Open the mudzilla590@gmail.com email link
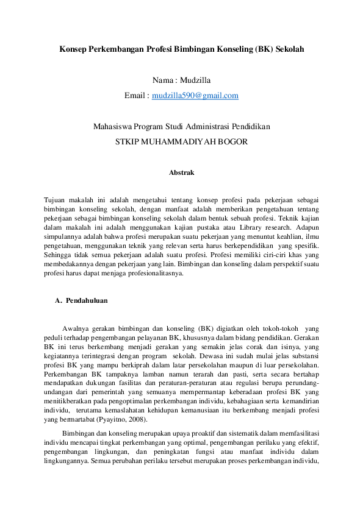195,96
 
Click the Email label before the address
135,96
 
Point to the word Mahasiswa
113,127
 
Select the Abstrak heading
181,173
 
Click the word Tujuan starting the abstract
56,200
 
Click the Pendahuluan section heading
87,300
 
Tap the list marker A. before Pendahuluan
59,300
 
